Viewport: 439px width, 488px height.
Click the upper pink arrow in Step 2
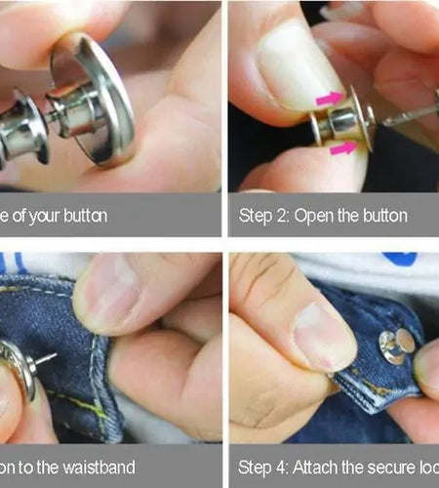329,98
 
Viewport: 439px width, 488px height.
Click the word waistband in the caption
94,468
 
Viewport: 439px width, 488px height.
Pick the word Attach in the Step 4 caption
312,468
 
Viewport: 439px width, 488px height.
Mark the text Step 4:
261,468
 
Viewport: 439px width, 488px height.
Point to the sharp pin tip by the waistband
51,356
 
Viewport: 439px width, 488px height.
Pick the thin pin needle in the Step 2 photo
410,116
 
